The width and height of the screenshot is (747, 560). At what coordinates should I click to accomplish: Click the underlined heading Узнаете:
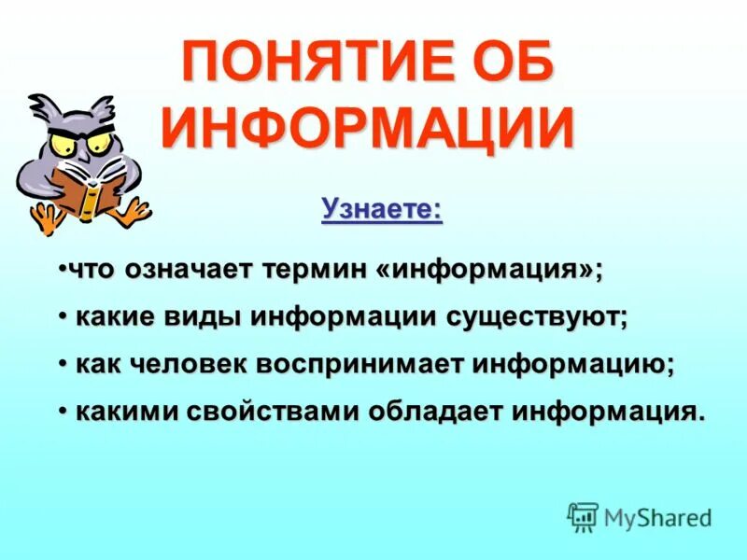tap(381, 209)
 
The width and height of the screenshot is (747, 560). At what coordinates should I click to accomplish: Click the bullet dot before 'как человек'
tap(62, 362)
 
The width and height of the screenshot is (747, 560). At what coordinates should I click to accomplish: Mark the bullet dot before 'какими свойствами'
tap(62, 409)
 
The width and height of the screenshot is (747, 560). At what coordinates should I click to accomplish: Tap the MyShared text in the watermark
tap(657, 516)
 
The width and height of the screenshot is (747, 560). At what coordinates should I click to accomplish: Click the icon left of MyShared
tap(583, 516)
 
